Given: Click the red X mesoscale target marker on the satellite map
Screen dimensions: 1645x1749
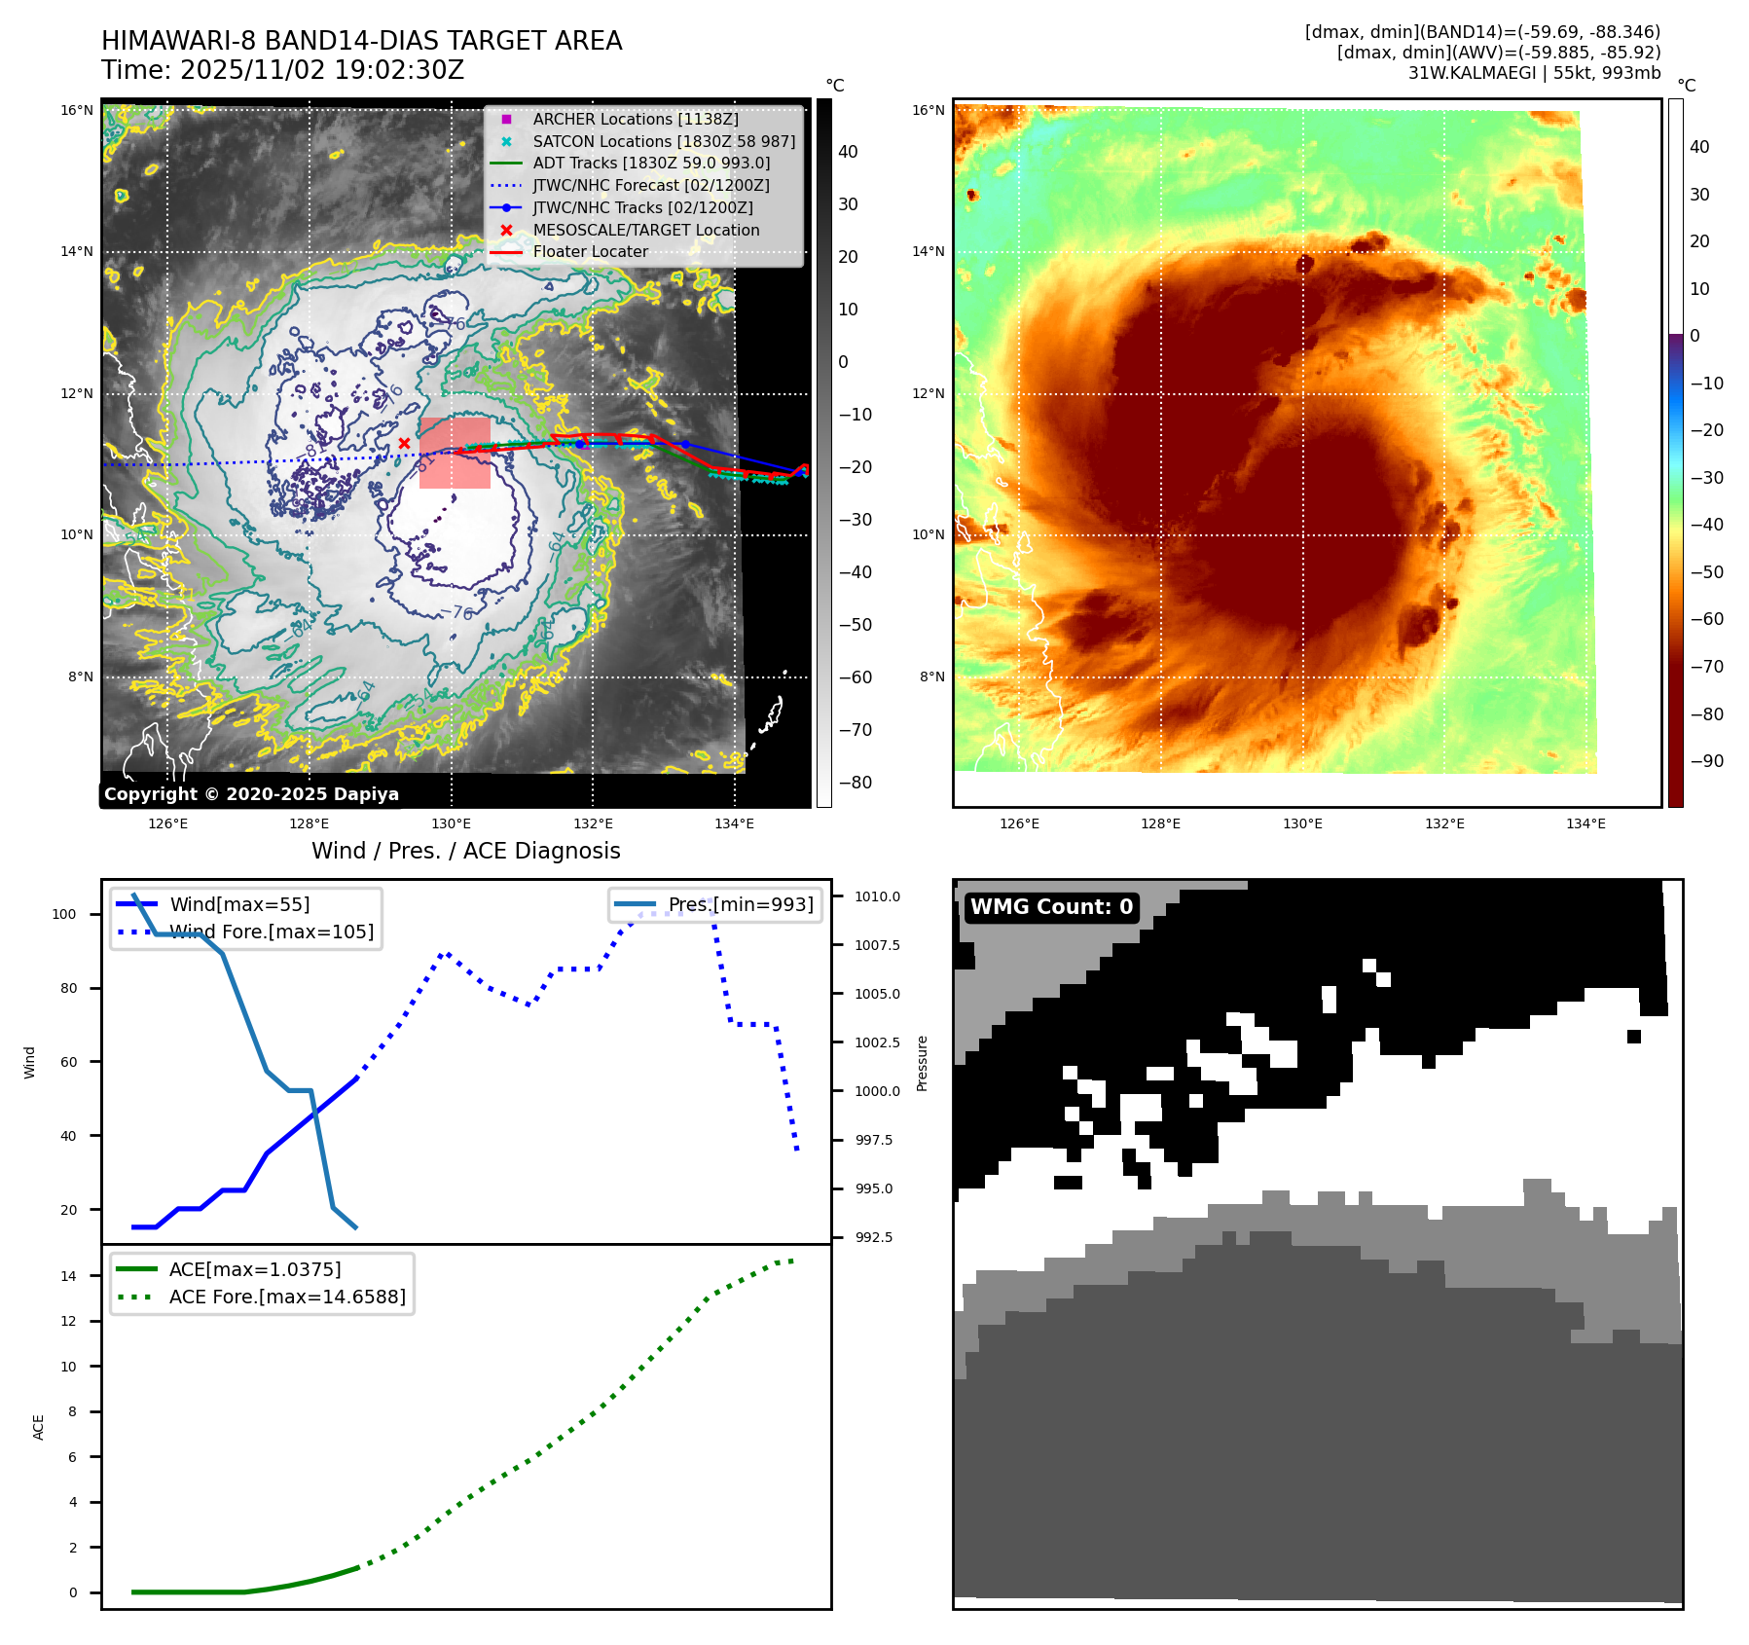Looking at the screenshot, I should click(x=404, y=444).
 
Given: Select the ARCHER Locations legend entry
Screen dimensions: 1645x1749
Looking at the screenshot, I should click(x=635, y=119).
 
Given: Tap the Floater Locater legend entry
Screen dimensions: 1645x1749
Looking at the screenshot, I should click(x=590, y=251).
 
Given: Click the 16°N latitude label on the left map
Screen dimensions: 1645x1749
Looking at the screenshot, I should click(x=77, y=110).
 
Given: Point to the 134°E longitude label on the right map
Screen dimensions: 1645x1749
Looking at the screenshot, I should click(x=1585, y=823).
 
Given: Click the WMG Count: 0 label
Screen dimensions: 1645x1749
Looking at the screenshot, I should click(x=1051, y=907).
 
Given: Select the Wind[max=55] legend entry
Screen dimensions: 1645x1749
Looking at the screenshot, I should click(x=239, y=904).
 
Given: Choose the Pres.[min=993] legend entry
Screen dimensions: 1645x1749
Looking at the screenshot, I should click(x=740, y=904).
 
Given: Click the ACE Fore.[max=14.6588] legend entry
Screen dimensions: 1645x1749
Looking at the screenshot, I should click(x=287, y=1297).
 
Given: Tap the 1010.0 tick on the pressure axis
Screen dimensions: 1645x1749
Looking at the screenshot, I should click(x=877, y=896).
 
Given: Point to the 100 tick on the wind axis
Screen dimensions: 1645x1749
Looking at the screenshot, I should click(x=64, y=914).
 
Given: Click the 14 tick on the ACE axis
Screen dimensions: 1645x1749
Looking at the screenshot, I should click(x=68, y=1276).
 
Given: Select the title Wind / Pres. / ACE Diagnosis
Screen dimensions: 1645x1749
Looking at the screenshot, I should click(x=465, y=851).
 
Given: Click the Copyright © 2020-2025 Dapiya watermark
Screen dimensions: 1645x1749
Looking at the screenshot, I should click(x=251, y=794).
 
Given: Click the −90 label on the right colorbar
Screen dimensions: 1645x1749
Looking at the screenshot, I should click(x=1706, y=761).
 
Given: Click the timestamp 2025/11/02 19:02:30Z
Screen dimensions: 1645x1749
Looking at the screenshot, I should click(x=322, y=70).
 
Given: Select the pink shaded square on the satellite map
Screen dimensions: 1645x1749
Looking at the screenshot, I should click(x=455, y=453).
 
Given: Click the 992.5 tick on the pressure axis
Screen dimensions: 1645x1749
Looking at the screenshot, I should click(x=873, y=1237).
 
